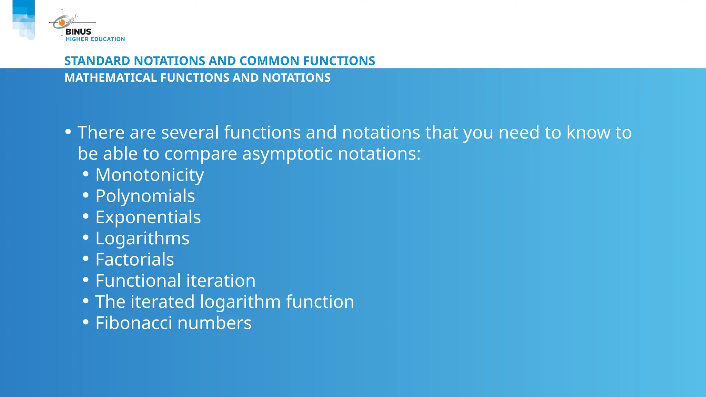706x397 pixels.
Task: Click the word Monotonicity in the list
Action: [150, 175]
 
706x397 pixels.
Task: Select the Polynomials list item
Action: [145, 196]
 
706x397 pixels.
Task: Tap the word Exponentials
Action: [148, 217]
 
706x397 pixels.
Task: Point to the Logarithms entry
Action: [142, 238]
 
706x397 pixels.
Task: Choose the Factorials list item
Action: [134, 259]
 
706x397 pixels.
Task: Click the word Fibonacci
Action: [133, 323]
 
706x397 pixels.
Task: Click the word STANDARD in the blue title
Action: [97, 61]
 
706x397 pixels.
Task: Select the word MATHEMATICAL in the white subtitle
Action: [111, 78]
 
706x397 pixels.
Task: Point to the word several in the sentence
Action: [190, 133]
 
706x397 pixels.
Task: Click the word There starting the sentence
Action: [101, 133]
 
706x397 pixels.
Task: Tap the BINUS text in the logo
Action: [78, 32]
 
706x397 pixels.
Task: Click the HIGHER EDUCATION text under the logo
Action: [95, 39]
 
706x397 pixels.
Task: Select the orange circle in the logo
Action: [62, 23]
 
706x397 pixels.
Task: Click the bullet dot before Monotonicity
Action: [86, 174]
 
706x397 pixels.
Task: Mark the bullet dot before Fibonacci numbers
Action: [86, 322]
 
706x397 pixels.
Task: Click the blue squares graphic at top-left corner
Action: [23, 19]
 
